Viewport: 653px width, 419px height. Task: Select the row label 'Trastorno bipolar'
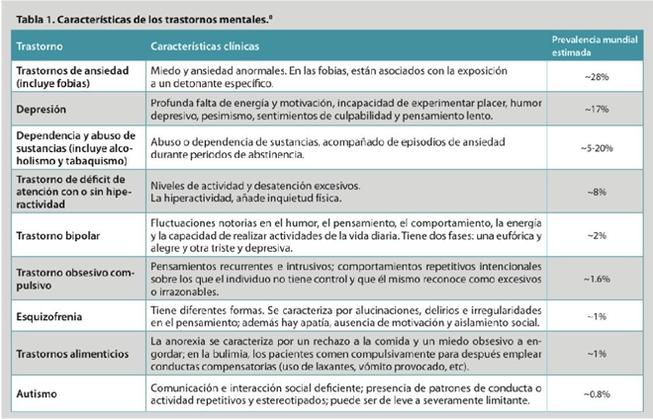click(x=63, y=237)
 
